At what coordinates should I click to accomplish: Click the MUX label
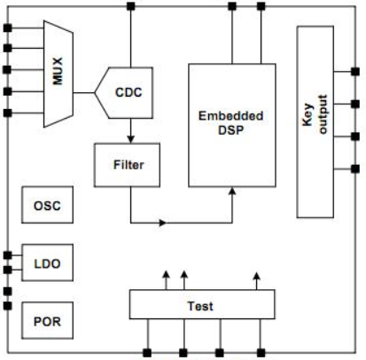pos(58,71)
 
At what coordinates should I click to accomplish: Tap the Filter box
pos(127,165)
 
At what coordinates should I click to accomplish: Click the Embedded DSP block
pos(232,125)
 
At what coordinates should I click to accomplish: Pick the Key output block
pos(315,121)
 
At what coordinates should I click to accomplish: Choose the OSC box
pos(47,205)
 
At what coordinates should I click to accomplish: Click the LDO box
pos(47,262)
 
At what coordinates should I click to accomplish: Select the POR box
pos(47,320)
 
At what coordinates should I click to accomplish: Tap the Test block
pos(202,304)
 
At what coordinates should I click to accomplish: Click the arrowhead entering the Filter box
pos(131,139)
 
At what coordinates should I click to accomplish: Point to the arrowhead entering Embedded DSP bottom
pos(232,191)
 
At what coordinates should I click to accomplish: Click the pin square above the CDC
pos(130,6)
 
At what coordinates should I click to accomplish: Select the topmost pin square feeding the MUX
pos(7,28)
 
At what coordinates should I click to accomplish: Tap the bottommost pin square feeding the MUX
pos(7,113)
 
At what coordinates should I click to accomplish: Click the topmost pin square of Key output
pos(355,72)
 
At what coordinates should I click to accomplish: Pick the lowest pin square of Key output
pos(355,168)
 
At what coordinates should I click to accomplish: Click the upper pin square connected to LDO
pos(7,255)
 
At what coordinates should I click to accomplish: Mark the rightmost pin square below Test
pos(261,353)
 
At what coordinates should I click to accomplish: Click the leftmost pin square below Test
pos(147,353)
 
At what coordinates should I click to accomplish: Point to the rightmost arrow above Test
pos(257,281)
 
